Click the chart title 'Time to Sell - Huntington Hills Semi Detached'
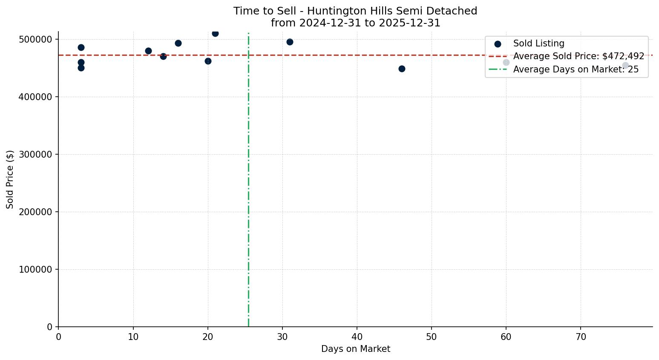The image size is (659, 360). pyautogui.click(x=355, y=11)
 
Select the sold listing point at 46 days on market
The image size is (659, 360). pyautogui.click(x=402, y=69)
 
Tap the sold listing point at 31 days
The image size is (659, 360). pyautogui.click(x=290, y=42)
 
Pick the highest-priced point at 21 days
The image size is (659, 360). pyautogui.click(x=215, y=33)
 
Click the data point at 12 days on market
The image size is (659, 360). pyautogui.click(x=148, y=51)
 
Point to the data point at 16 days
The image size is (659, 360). pyautogui.click(x=178, y=43)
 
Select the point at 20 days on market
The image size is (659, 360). pyautogui.click(x=208, y=61)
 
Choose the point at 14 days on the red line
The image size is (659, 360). pyautogui.click(x=163, y=56)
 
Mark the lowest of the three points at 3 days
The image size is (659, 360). pyautogui.click(x=81, y=68)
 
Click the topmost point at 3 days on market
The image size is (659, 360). pyautogui.click(x=81, y=47)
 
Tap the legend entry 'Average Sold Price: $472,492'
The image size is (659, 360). pyautogui.click(x=578, y=56)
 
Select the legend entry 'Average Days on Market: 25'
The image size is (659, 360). pyautogui.click(x=576, y=69)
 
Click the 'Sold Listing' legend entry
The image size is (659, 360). pyautogui.click(x=538, y=43)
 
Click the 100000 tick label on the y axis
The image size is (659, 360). pyautogui.click(x=36, y=269)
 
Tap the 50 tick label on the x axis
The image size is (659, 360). pyautogui.click(x=432, y=337)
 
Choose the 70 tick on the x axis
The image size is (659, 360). pyautogui.click(x=581, y=337)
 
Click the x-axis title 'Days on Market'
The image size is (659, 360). pyautogui.click(x=355, y=349)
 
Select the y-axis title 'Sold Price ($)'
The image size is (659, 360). pyautogui.click(x=10, y=179)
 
